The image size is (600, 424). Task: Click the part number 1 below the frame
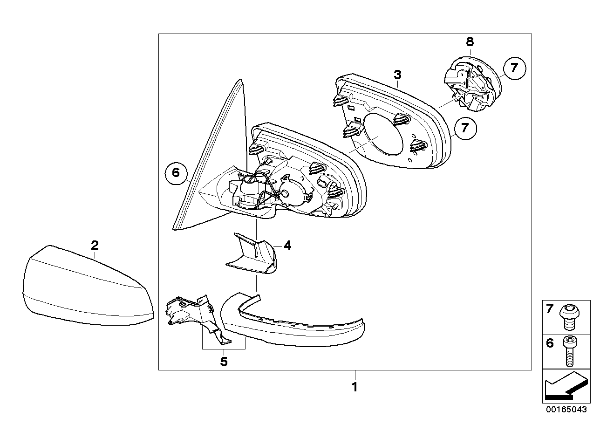[355, 387]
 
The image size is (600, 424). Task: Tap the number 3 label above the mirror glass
[397, 75]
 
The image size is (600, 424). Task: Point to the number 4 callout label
[287, 245]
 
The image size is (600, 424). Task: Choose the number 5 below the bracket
[224, 362]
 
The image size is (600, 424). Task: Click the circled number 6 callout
[176, 173]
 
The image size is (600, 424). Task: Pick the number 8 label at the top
[470, 41]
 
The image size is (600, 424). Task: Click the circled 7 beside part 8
[514, 68]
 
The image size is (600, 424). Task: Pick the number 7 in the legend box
[550, 308]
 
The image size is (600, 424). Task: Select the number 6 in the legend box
[550, 343]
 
